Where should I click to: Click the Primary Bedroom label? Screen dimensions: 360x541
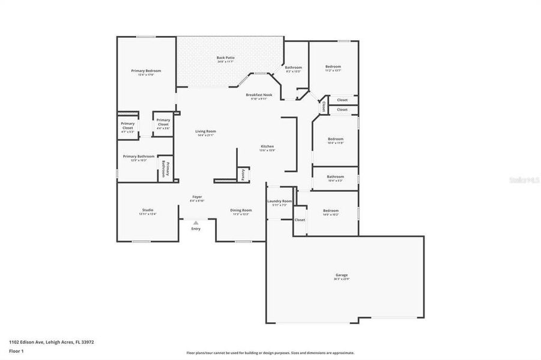tap(146, 71)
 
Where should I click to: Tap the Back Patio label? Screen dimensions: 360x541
tap(226, 58)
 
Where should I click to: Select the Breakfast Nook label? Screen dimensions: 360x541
tap(259, 95)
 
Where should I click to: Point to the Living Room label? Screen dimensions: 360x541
tap(205, 131)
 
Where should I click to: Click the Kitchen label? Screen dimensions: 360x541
tap(267, 147)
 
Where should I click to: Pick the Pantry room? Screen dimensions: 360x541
tap(243, 174)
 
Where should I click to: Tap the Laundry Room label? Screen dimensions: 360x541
tap(280, 201)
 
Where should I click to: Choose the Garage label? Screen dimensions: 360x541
tap(342, 275)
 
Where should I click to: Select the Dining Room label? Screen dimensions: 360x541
tap(241, 211)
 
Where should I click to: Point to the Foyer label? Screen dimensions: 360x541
tap(197, 197)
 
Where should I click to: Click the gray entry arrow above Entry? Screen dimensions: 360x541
tap(196, 223)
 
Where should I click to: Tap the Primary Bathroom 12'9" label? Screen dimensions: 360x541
tap(139, 157)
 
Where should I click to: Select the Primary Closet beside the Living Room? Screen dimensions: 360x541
tap(163, 122)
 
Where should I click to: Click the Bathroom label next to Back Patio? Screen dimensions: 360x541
tap(293, 68)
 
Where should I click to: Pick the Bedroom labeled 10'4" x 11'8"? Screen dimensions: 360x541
tap(335, 139)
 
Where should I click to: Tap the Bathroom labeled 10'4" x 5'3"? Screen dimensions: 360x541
tap(335, 177)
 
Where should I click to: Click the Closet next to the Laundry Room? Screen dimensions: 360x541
tap(300, 220)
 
